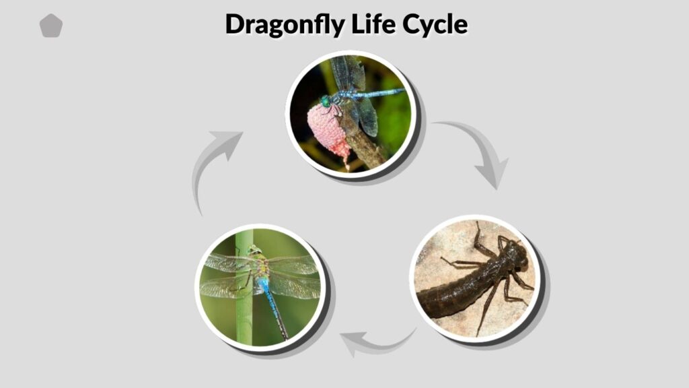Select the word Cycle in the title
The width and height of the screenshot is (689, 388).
pos(435,24)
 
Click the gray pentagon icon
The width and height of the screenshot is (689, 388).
pos(51,26)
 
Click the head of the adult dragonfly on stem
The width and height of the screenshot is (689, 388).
pos(254,250)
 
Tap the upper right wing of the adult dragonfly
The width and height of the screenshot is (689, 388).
pos(292,264)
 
